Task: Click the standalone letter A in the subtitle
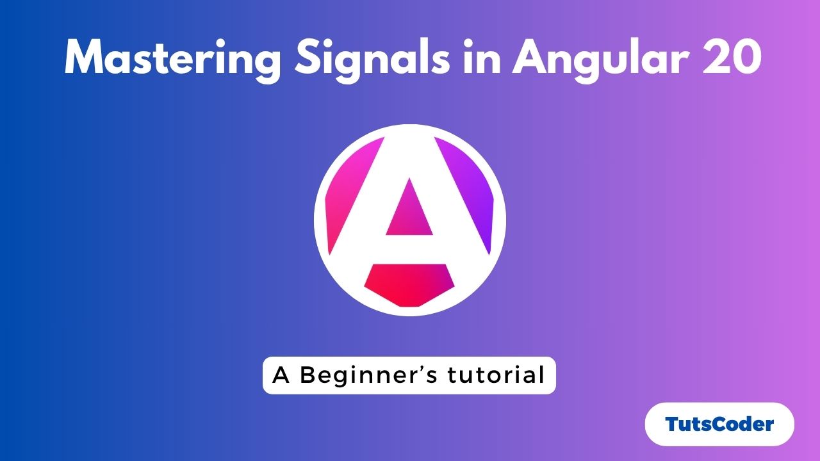(x=281, y=375)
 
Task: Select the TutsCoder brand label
(x=719, y=424)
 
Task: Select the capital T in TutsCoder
(x=672, y=424)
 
